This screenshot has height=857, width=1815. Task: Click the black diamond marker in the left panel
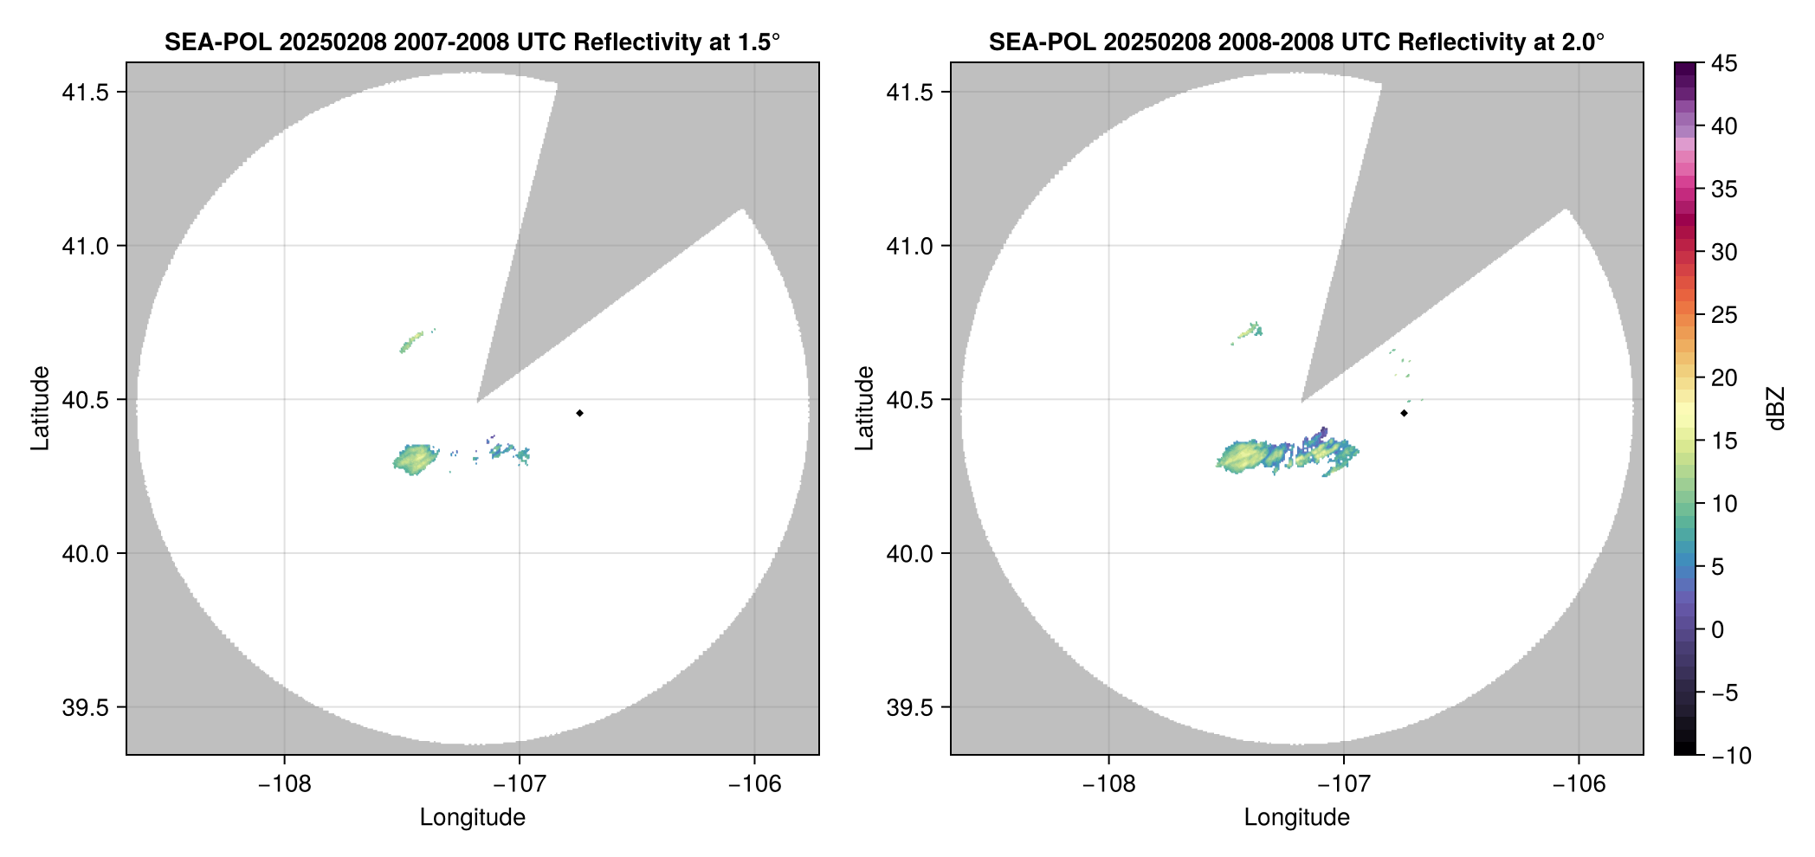pos(579,413)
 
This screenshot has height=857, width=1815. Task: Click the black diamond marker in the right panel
pos(1404,413)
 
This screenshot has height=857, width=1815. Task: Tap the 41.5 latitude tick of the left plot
pos(85,93)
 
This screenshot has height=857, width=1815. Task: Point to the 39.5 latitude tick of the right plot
pos(909,707)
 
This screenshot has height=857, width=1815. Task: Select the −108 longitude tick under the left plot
pos(284,784)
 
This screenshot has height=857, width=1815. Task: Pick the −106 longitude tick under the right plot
pos(1579,784)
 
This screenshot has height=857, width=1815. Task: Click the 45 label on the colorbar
pos(1723,64)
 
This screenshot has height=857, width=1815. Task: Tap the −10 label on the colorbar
pos(1731,756)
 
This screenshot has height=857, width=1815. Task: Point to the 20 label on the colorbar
pos(1723,378)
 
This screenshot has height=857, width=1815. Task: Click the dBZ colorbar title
pos(1777,409)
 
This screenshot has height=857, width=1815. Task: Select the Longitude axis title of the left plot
pos(473,817)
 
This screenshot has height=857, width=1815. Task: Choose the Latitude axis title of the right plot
pos(864,409)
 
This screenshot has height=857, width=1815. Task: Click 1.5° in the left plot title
pos(759,42)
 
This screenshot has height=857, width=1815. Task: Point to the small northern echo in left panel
pos(411,341)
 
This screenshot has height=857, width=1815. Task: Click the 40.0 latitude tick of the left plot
pos(85,554)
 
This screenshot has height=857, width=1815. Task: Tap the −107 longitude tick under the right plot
pos(1344,784)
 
